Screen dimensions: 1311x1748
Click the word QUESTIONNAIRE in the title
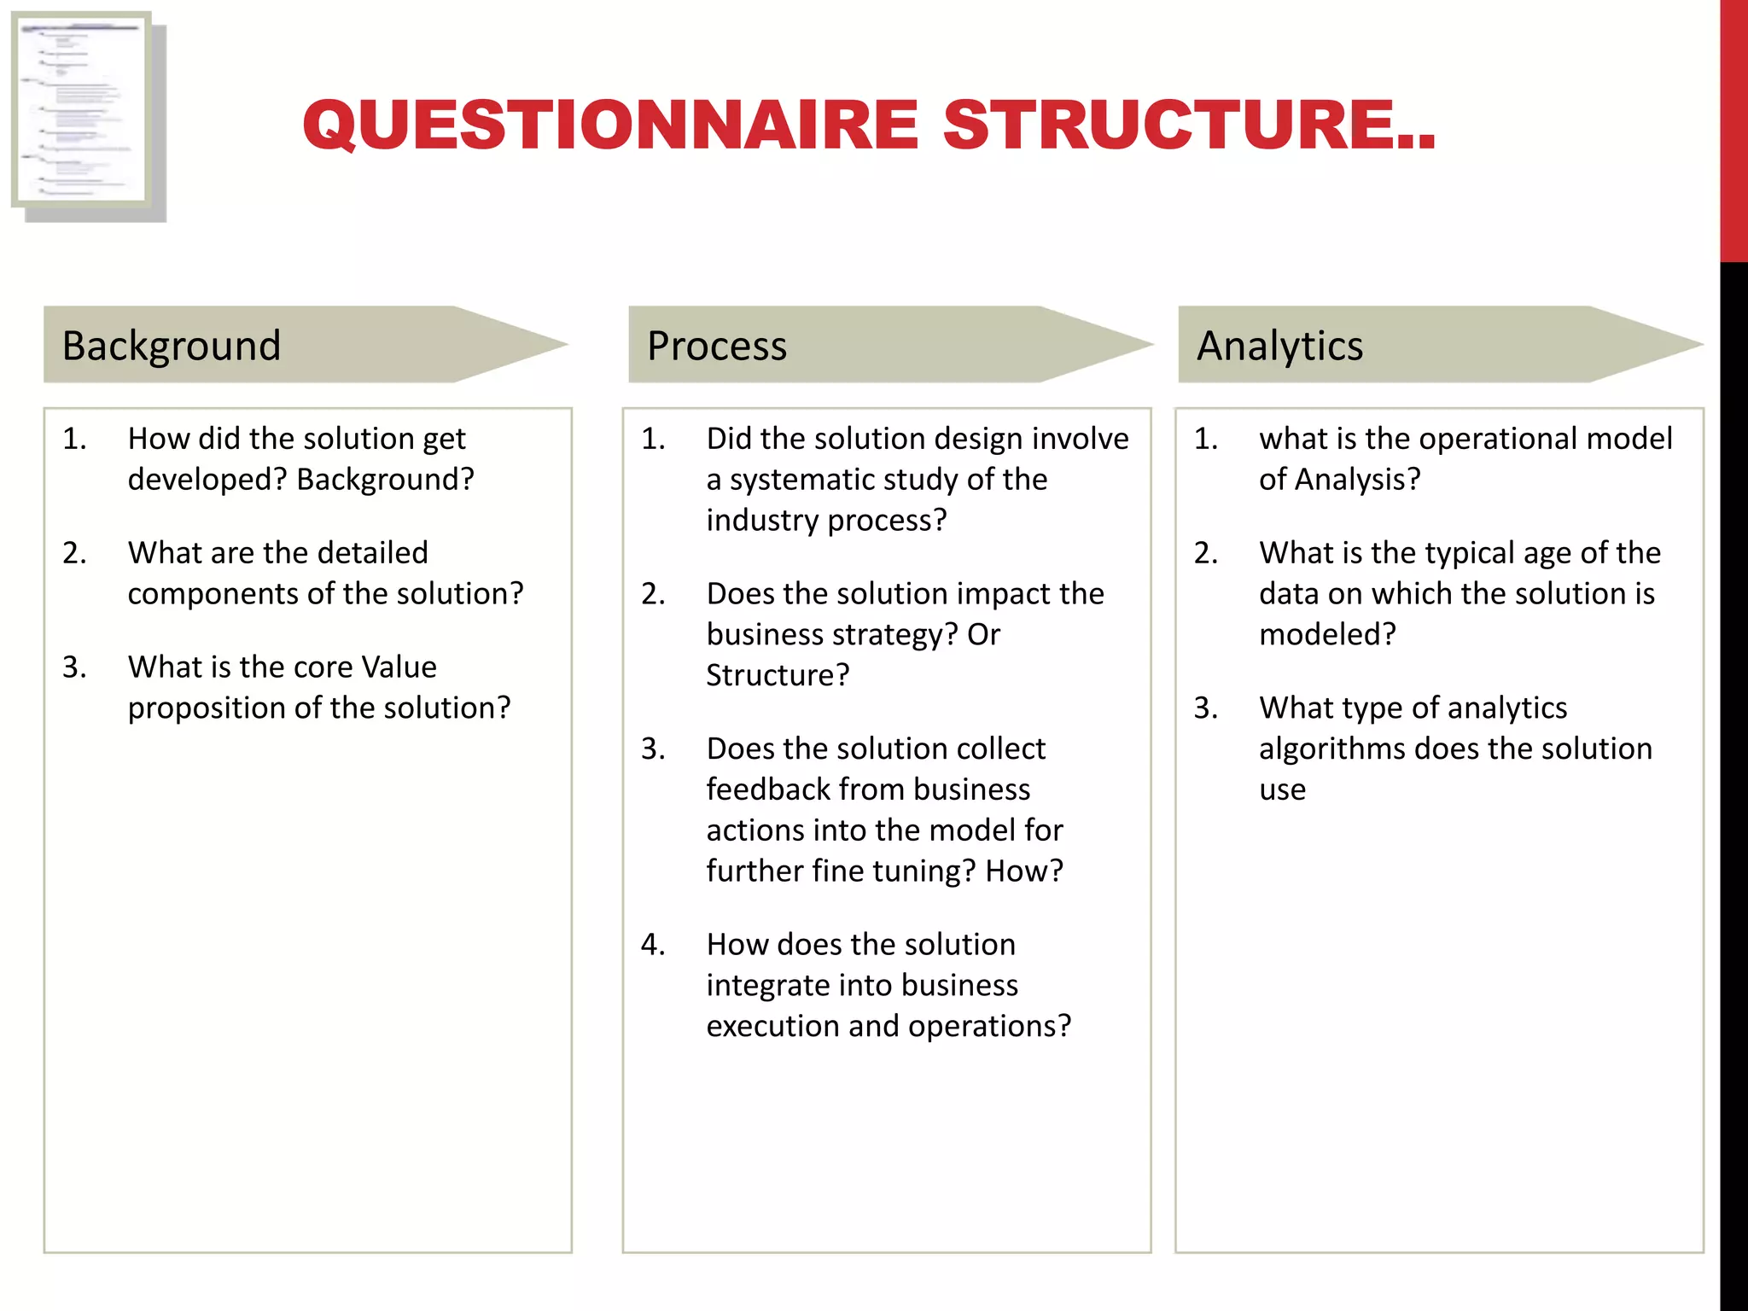(x=609, y=125)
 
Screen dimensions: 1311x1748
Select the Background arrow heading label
(x=172, y=346)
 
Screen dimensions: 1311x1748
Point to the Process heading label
(x=717, y=346)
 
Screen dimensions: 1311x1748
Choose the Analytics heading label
(x=1279, y=346)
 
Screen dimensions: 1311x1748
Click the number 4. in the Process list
(x=653, y=944)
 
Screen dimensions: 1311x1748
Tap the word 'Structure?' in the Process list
(x=778, y=675)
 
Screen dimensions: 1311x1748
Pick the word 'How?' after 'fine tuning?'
(x=1024, y=871)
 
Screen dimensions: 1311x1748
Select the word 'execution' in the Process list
(x=772, y=1026)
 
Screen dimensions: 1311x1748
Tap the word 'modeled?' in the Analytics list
(x=1327, y=634)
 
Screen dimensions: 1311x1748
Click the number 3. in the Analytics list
(x=1206, y=708)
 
